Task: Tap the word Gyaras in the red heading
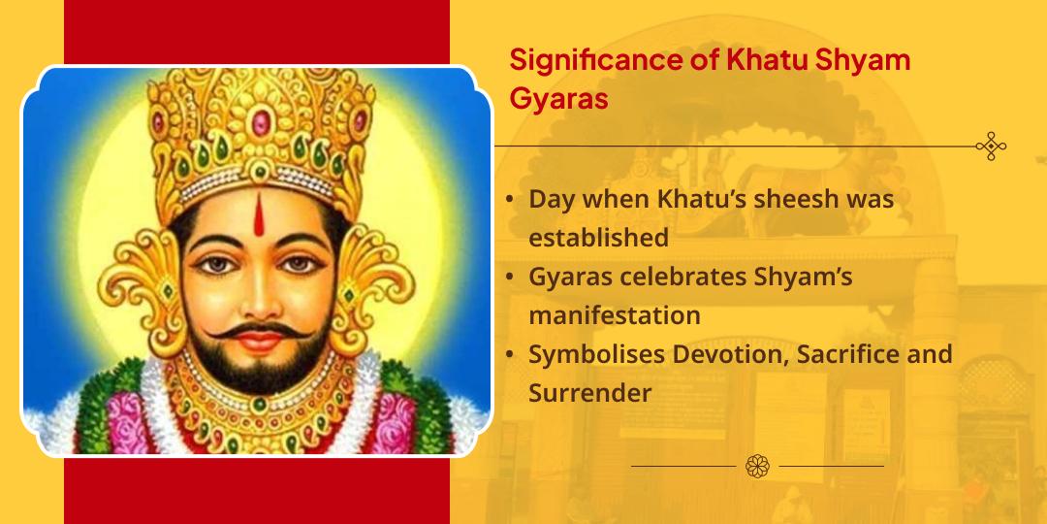click(x=558, y=100)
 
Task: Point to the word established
click(x=598, y=238)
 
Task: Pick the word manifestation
click(x=614, y=315)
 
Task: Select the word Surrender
click(x=589, y=393)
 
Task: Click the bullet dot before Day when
click(x=510, y=200)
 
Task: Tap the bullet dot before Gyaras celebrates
click(x=510, y=278)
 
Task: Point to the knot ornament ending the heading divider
click(x=991, y=147)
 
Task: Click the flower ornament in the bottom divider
click(x=757, y=466)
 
